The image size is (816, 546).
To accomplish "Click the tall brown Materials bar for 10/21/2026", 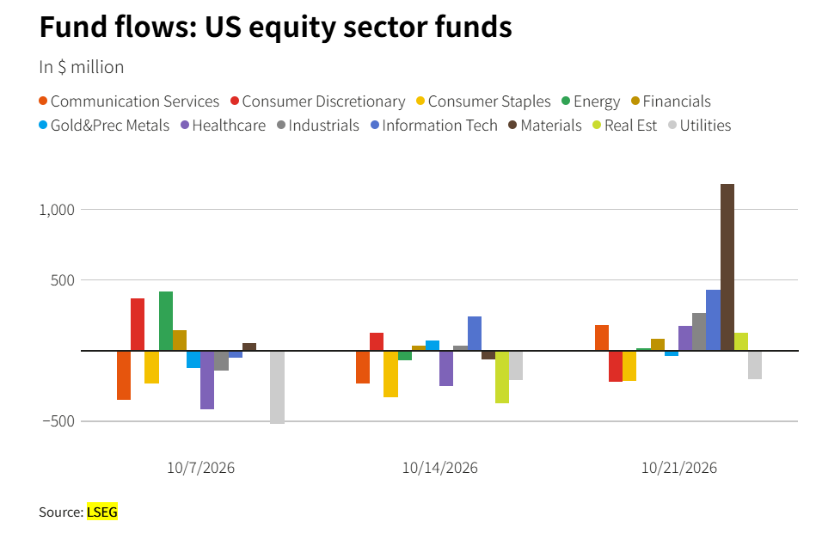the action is [x=727, y=267].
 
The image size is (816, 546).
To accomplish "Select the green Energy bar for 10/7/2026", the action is [x=166, y=321].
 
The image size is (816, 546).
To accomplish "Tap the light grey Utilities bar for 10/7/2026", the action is [x=278, y=387].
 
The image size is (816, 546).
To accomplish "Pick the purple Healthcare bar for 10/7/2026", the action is [x=207, y=380].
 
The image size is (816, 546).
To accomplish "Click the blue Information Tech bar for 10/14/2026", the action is [x=475, y=333].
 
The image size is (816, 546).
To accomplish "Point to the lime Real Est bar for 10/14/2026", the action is [x=502, y=377].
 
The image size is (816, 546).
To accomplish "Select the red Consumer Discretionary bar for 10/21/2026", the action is [x=616, y=366].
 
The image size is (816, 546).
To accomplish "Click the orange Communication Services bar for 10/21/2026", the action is [x=602, y=338].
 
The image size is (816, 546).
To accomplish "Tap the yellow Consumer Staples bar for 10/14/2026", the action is [x=391, y=374].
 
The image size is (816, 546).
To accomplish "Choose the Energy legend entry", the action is [x=592, y=101].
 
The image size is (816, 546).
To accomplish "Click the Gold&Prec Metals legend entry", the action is [x=104, y=126].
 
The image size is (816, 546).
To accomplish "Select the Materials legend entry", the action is [x=545, y=126].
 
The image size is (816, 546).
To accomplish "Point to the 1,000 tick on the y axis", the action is [x=58, y=210].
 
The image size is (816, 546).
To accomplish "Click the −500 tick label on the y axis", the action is [x=58, y=421].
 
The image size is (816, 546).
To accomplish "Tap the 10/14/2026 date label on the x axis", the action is [x=439, y=468].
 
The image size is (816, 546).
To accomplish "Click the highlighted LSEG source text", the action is [x=102, y=512].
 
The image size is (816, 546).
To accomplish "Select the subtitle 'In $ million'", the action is [x=82, y=67].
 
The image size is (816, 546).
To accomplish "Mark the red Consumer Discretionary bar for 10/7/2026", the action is [x=138, y=324].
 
